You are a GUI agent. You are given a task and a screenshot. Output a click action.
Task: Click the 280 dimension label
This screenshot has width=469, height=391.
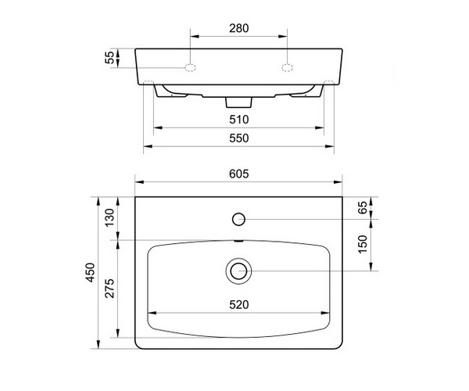pos(238,28)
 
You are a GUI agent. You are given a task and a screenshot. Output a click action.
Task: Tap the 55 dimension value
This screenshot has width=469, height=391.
pos(109,57)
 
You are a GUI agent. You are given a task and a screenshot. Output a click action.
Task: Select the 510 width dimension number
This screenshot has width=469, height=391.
pos(238,120)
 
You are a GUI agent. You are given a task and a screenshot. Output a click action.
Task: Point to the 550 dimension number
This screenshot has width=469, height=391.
pos(238,138)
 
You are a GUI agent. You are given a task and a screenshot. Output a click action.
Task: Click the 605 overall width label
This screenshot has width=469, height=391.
pos(238,174)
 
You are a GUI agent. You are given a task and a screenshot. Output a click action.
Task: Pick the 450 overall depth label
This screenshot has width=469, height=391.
pos(91,272)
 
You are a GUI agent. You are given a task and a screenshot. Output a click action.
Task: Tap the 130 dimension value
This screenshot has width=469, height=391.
pos(109,217)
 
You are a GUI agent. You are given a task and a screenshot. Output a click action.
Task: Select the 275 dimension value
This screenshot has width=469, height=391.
pos(109,289)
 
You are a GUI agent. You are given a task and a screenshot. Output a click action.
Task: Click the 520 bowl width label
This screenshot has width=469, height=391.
pos(238,305)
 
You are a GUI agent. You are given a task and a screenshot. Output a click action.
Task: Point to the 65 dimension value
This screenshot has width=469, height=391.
pos(362,207)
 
